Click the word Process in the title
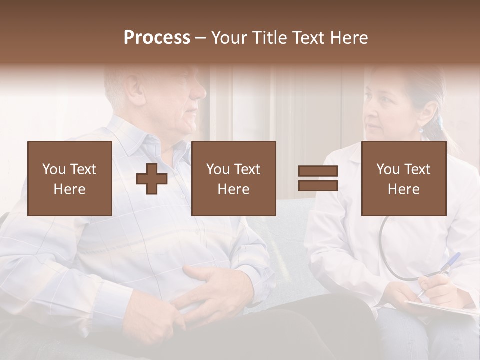(157, 37)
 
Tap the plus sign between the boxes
(152, 179)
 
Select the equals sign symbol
(318, 178)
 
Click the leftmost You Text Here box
(69, 178)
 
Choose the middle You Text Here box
(233, 178)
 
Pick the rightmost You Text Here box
(403, 178)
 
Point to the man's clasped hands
(200, 290)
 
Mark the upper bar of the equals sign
(318, 171)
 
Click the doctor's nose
(371, 120)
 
